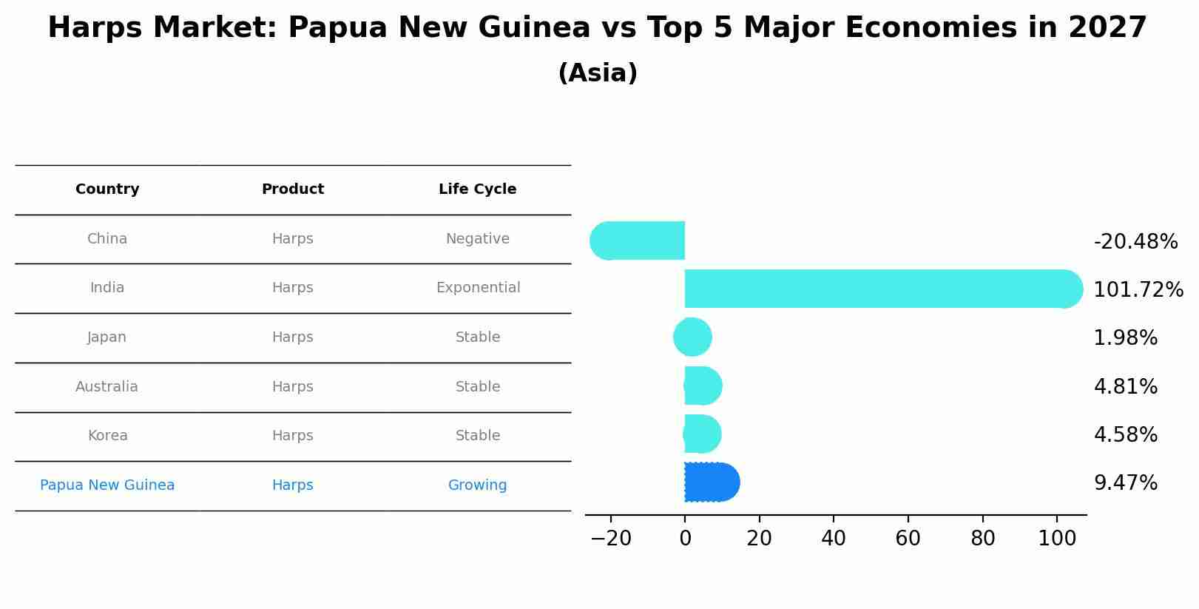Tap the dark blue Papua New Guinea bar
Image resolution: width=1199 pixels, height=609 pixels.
pos(711,482)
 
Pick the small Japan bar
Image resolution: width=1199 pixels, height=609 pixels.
pos(693,337)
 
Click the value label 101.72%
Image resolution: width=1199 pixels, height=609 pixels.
pos(1138,290)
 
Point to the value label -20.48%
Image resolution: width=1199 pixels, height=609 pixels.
pos(1135,242)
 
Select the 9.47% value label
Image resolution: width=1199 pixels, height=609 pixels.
pos(1125,483)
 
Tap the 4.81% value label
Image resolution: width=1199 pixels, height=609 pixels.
pos(1125,387)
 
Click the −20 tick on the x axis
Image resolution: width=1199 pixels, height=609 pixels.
pos(611,539)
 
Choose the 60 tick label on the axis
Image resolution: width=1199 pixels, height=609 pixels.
pos(908,539)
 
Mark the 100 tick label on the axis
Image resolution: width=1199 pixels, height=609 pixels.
pos(1057,539)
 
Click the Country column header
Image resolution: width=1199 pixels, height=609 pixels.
pos(107,189)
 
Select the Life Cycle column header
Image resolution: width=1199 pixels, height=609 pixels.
pos(477,189)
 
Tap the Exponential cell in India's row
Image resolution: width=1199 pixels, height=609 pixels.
pos(478,288)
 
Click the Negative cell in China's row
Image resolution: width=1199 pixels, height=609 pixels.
pos(477,239)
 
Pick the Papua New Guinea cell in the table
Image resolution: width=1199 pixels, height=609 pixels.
pos(107,485)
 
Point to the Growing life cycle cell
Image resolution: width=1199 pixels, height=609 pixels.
pos(477,485)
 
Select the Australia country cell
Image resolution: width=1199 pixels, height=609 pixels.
pos(107,387)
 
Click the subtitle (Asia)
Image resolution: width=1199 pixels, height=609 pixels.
pos(598,73)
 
